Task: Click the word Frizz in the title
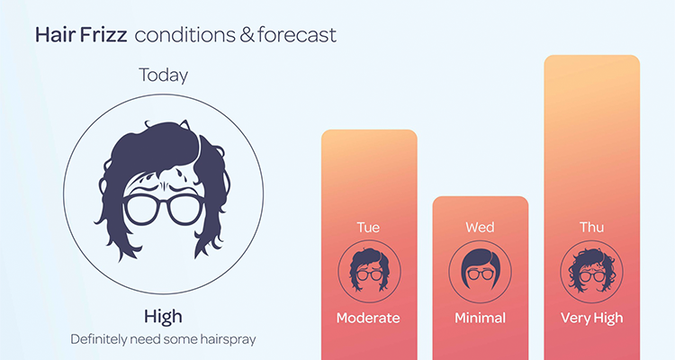[103, 35]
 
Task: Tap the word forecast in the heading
[297, 35]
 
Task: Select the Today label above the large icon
[163, 76]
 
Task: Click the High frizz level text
[163, 317]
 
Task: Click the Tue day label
[368, 228]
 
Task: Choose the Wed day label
[480, 228]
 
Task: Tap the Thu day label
[591, 228]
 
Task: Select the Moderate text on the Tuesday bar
[368, 319]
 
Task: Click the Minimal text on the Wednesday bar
[480, 319]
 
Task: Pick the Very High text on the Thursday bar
[591, 319]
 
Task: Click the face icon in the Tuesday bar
[369, 271]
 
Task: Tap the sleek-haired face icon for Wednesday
[480, 271]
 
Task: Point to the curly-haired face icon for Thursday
[591, 271]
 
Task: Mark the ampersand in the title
[247, 35]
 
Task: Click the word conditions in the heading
[185, 35]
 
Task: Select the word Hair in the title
[57, 35]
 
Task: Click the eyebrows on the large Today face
[164, 189]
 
